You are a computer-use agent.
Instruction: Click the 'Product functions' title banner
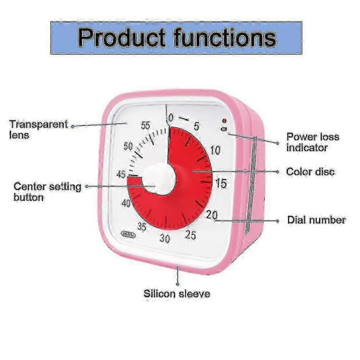point(176,38)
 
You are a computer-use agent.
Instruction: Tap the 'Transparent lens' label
point(39,130)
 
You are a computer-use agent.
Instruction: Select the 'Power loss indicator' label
point(312,142)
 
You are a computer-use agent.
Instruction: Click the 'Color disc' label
point(310,172)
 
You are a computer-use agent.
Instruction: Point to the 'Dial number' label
point(316,220)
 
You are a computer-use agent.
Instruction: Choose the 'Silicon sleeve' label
point(176,294)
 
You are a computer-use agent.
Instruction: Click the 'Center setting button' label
point(48,192)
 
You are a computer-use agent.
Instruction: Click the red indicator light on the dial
point(225,120)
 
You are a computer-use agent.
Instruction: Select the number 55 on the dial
point(145,125)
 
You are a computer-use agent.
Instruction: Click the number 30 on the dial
point(165,238)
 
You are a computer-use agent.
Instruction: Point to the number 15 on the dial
point(221,184)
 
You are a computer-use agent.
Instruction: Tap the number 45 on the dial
point(121,174)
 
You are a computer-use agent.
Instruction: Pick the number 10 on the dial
point(215,150)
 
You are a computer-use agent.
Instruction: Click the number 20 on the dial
point(212,215)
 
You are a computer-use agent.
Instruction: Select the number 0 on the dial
point(171,118)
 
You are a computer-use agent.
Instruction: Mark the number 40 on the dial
point(126,204)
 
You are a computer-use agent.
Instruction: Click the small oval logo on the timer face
point(128,235)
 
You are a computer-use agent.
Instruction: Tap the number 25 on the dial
point(191,235)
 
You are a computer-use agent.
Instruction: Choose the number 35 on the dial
point(142,226)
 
